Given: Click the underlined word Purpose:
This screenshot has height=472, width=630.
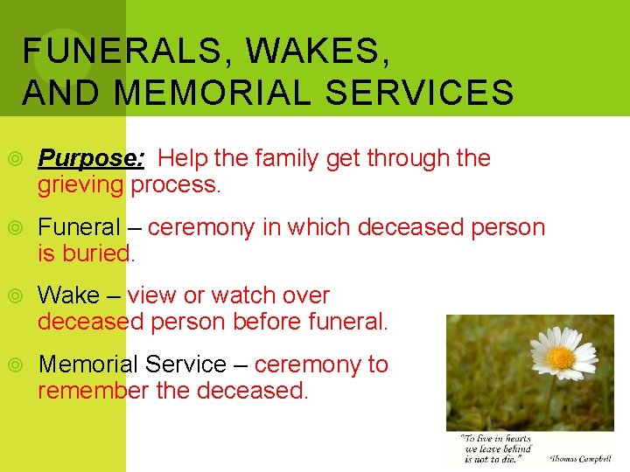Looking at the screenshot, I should [x=92, y=158].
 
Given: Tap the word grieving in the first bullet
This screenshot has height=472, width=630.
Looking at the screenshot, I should [x=80, y=184].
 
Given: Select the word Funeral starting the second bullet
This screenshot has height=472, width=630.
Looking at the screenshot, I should [x=79, y=227].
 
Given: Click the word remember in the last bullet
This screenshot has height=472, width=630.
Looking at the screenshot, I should [x=93, y=390].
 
